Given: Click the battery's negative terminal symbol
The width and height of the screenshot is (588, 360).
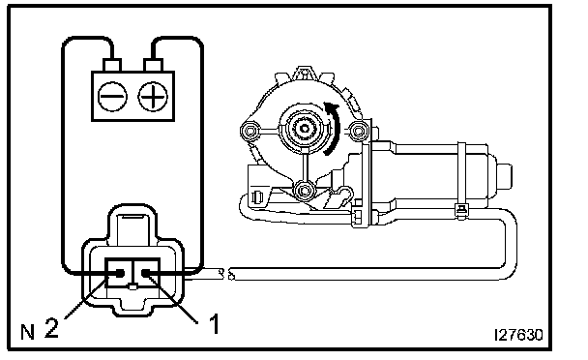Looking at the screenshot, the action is click(112, 97).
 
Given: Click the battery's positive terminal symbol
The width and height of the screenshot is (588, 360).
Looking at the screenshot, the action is click(153, 97).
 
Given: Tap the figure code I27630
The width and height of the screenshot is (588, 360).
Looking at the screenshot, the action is click(518, 335).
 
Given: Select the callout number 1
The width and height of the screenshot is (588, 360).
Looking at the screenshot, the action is click(214, 324).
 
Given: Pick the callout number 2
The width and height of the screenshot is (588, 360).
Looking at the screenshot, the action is click(52, 327).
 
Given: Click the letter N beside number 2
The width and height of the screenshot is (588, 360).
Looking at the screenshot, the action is click(27, 332).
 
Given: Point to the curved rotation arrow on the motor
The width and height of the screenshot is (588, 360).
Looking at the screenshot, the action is click(333, 128).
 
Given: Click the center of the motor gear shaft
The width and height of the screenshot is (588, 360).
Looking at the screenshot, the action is click(304, 129).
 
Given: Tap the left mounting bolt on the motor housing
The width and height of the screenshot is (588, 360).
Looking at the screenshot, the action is click(250, 131).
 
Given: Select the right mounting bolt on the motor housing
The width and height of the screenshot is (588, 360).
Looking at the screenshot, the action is click(358, 131).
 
